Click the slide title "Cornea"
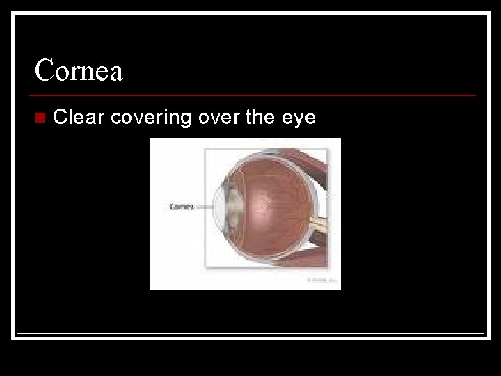[79, 70]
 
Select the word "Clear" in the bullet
[79, 117]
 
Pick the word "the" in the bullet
[260, 117]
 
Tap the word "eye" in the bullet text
[299, 118]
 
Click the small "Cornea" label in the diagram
[182, 206]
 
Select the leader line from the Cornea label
[205, 206]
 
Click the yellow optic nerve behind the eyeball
[321, 224]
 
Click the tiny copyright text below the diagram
[321, 280]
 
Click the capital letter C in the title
[45, 70]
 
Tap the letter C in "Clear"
[60, 117]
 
